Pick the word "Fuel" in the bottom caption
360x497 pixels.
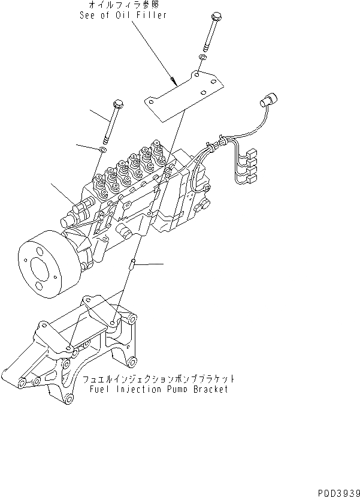[97, 389]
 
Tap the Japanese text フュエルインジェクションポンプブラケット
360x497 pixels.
[158, 379]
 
